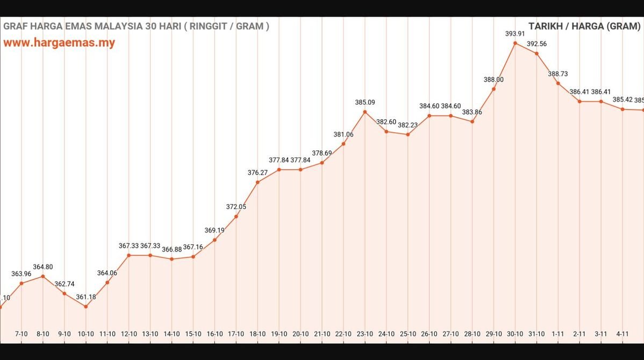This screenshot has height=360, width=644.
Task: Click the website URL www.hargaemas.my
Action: tap(59, 43)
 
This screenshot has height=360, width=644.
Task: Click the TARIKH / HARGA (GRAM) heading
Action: tap(584, 26)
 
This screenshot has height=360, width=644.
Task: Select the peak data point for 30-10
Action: tap(515, 43)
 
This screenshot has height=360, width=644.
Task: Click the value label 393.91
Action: tap(515, 33)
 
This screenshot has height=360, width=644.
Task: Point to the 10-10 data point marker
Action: tap(85, 307)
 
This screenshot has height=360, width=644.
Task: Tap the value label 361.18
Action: tap(86, 297)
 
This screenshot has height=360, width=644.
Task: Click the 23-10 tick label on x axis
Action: tap(364, 334)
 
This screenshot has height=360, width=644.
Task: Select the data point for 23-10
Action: tap(364, 112)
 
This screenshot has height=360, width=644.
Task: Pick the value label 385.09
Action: tap(365, 102)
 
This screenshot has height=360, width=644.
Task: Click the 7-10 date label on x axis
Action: tap(21, 334)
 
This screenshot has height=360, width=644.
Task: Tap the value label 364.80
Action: tap(43, 267)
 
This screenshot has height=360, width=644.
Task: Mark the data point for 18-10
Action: tap(257, 182)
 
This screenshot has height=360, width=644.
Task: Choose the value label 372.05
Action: tap(236, 206)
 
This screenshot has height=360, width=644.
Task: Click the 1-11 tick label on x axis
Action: tap(558, 334)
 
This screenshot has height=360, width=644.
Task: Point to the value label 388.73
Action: tap(558, 74)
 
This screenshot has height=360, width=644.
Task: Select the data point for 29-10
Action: tap(493, 89)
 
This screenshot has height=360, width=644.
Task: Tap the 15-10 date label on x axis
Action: tap(193, 334)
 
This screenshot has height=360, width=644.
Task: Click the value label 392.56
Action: tap(536, 44)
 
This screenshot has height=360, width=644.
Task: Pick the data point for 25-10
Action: tap(407, 134)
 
